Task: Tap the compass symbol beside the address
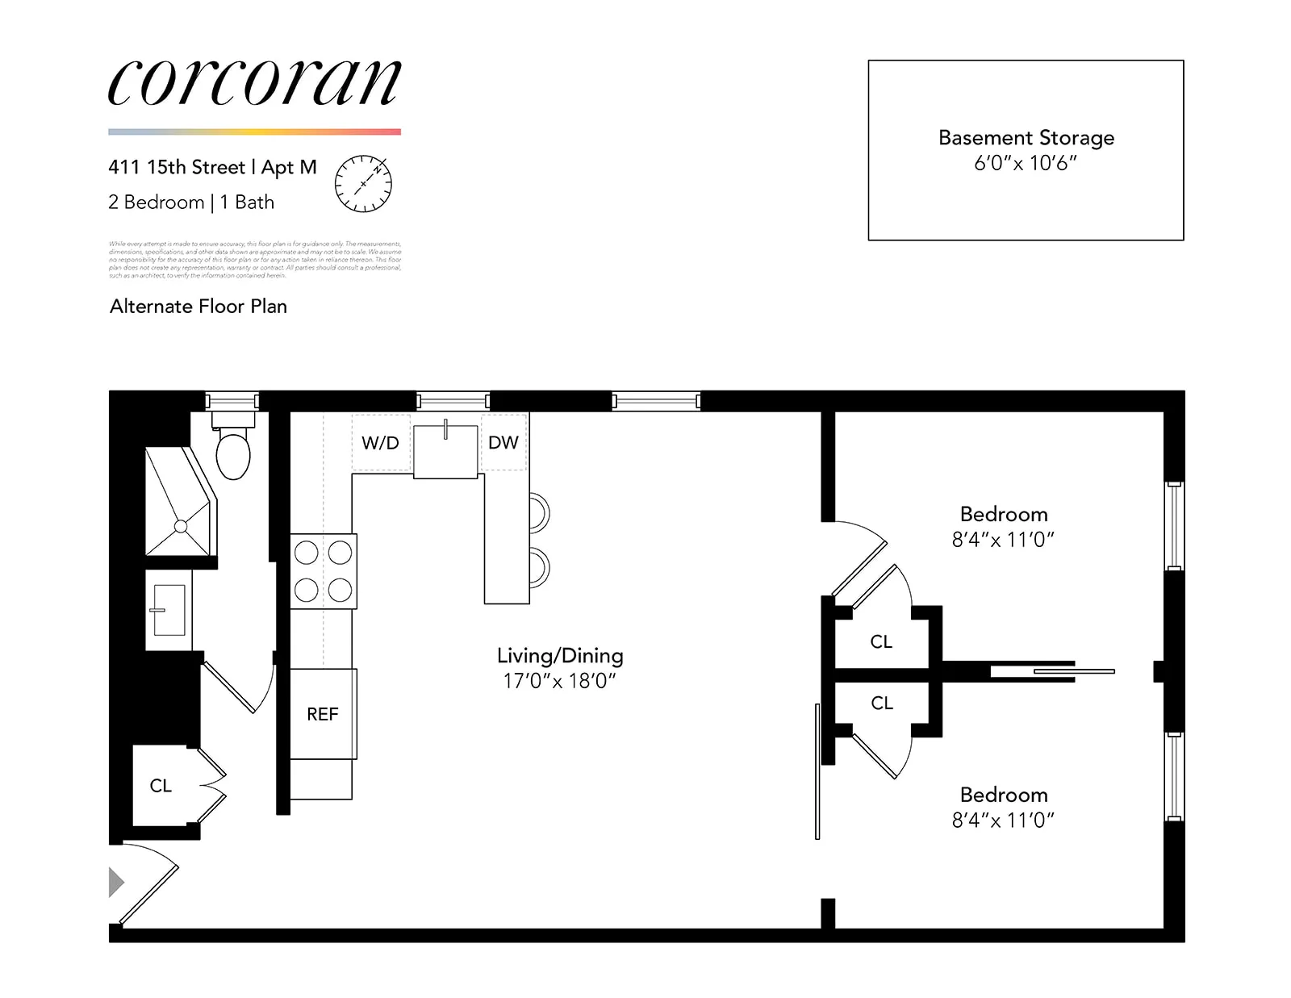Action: [363, 184]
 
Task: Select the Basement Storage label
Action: [1026, 138]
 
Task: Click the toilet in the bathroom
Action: [233, 453]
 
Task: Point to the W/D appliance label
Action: [380, 443]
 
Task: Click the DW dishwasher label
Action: [503, 442]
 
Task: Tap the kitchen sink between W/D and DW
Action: [445, 450]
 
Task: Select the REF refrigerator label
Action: [322, 714]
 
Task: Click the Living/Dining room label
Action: [560, 656]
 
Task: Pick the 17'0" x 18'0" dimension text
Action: [559, 681]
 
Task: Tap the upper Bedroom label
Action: [1004, 515]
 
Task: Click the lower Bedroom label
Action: [1004, 795]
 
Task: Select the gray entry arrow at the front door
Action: [116, 882]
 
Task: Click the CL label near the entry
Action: [161, 786]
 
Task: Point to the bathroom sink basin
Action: [169, 610]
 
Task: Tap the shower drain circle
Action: [181, 527]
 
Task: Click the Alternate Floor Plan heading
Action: [198, 307]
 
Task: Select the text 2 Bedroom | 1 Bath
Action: [191, 203]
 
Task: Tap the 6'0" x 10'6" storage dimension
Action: [1026, 164]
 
